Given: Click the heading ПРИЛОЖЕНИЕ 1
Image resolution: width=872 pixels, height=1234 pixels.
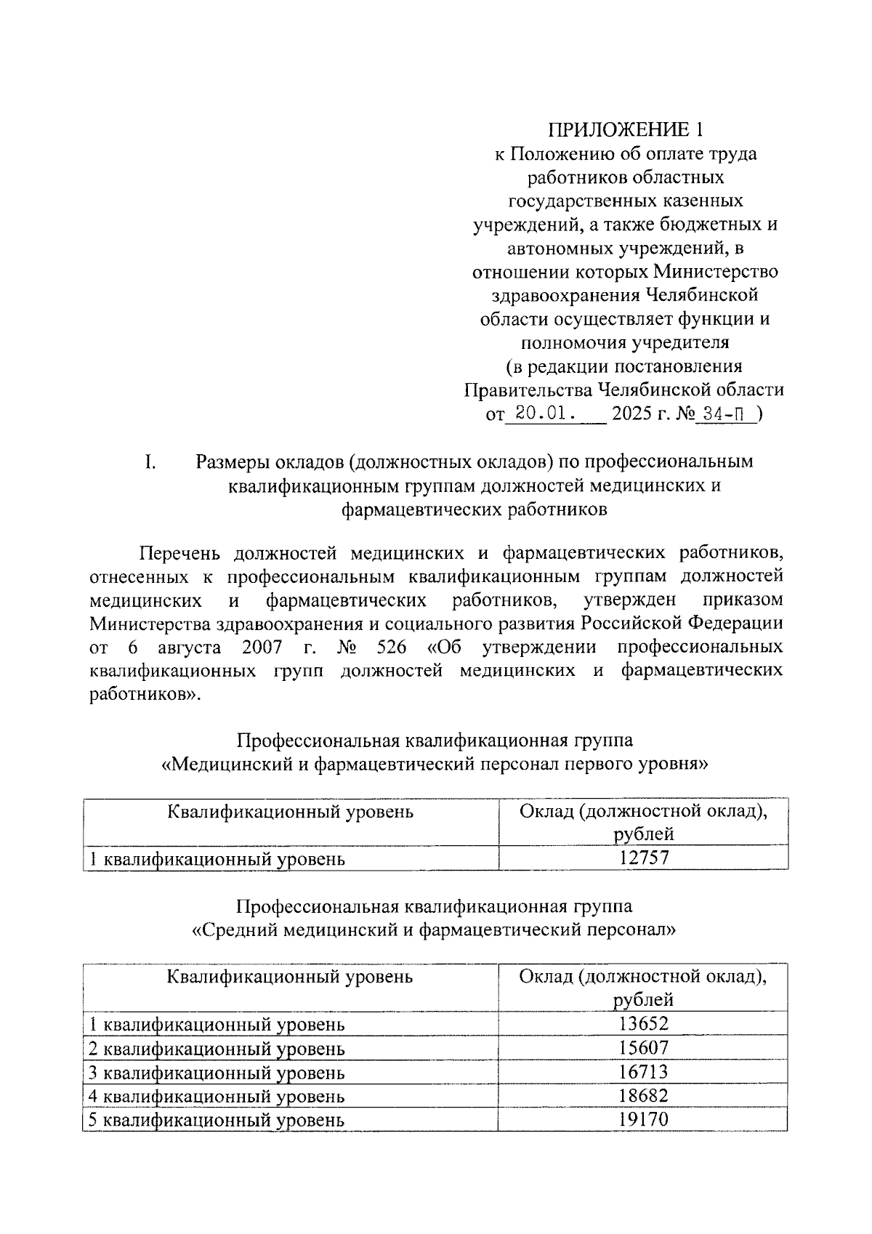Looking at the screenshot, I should [x=626, y=130].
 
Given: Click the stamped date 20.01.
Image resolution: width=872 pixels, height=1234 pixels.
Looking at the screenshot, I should [x=541, y=414].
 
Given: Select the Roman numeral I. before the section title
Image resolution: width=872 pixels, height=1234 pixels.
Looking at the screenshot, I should [x=150, y=462].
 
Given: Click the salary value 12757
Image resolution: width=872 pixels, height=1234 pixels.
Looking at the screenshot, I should [x=644, y=858].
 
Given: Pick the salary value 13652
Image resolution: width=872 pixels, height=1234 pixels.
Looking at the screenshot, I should [x=644, y=1024].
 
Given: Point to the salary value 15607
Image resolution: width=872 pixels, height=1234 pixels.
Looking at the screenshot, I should [x=644, y=1048].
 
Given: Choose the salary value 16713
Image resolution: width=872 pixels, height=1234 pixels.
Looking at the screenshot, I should [x=644, y=1072].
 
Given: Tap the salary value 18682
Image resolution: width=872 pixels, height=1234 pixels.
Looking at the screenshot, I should [x=644, y=1096].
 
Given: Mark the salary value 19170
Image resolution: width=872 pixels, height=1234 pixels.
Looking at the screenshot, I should [x=644, y=1119].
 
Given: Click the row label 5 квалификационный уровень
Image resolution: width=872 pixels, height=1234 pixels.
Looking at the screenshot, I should [x=216, y=1120].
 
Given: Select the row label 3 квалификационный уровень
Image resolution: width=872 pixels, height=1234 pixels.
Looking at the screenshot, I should [x=216, y=1073].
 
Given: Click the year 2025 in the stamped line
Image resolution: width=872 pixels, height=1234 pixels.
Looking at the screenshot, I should [x=633, y=414].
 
